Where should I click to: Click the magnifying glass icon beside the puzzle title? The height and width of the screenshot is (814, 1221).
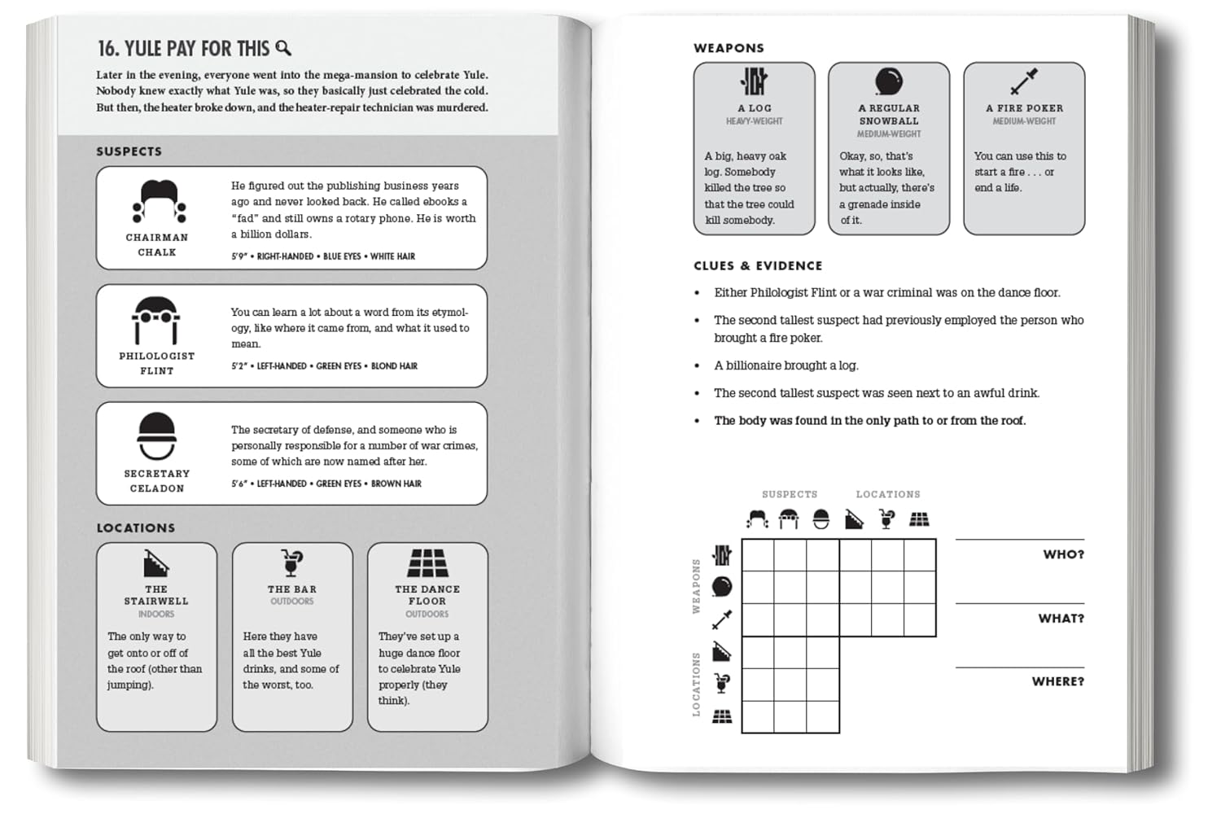pos(283,48)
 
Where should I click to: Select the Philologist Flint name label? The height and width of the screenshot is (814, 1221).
pos(156,363)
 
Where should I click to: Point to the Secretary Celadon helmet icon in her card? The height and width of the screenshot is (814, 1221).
pos(156,436)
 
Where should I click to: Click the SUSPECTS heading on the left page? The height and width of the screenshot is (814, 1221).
pos(129,151)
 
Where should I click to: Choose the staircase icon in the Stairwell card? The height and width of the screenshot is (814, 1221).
pos(155,562)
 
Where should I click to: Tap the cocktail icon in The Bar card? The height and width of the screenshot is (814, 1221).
pos(291,562)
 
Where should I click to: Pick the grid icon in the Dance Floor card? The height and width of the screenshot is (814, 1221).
pos(427,562)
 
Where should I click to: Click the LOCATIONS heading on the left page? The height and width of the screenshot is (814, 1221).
pos(136,527)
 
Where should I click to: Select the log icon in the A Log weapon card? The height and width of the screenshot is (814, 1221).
pos(754,81)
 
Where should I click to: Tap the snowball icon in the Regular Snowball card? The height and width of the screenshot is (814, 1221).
pos(888,81)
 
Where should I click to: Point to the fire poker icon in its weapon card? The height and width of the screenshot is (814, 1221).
pos(1023,81)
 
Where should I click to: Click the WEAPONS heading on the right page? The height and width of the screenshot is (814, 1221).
pos(729,48)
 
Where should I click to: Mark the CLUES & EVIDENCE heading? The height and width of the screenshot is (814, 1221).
pos(758,265)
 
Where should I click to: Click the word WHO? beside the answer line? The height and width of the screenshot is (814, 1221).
pos(1063,554)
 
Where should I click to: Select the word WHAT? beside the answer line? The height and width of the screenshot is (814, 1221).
pos(1061,619)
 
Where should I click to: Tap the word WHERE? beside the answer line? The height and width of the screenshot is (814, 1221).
pos(1057,681)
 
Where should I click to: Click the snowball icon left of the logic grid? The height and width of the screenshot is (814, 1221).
pos(721,587)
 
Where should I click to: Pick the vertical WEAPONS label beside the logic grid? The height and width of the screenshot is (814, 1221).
pos(696,586)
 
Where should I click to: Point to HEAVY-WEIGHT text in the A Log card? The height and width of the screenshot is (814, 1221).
pos(754,121)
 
